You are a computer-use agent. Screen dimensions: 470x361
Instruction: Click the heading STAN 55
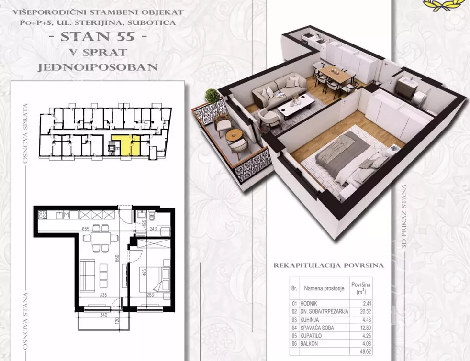coord(98,36)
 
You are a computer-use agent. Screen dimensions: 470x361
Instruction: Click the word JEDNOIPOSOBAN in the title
coord(98,67)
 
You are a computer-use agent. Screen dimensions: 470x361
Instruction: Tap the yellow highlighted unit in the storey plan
coord(126,144)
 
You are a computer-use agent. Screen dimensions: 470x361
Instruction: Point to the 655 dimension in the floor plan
coord(86,229)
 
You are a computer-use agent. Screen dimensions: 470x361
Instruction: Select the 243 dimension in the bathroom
coord(153,229)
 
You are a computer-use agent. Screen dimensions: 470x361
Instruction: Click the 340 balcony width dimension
coord(103,315)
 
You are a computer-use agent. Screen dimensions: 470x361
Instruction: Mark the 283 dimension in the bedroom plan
coord(150,295)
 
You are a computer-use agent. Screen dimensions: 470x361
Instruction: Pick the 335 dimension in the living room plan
coord(103,295)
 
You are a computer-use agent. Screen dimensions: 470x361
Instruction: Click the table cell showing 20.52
coord(365,312)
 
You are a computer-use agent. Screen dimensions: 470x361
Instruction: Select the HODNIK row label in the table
coord(309,304)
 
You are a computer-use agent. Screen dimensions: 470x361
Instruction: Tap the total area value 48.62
coord(365,352)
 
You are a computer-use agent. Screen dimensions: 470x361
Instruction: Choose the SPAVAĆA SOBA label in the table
coord(317,328)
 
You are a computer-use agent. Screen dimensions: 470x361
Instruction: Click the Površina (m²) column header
coord(361,288)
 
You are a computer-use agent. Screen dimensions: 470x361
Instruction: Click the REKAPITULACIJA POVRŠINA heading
coord(328,265)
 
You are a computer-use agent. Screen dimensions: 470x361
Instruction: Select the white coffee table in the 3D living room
coord(296,105)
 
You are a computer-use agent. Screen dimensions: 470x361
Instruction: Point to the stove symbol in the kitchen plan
coord(42,214)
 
